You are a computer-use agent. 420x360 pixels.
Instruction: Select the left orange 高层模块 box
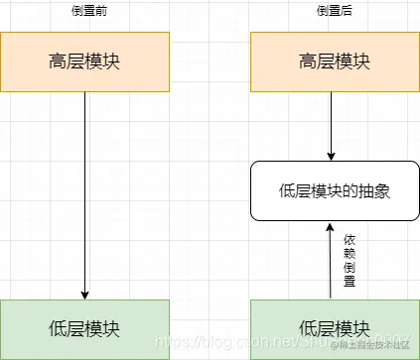pyautogui.click(x=84, y=61)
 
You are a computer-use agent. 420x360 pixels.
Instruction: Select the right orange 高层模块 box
pyautogui.click(x=334, y=61)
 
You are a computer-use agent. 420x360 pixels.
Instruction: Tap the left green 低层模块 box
pyautogui.click(x=84, y=328)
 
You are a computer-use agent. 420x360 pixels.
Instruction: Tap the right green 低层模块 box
pyautogui.click(x=334, y=328)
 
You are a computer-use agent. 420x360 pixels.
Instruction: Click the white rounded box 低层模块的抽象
pyautogui.click(x=334, y=189)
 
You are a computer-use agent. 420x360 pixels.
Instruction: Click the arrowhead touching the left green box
pyautogui.click(x=84, y=294)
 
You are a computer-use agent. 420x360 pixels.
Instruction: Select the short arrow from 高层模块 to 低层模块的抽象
pyautogui.click(x=331, y=124)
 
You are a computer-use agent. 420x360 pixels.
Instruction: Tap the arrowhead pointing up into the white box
pyautogui.click(x=331, y=227)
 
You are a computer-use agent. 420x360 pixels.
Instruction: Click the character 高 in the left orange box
pyautogui.click(x=58, y=61)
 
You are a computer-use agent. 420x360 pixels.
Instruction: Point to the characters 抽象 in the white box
pyautogui.click(x=372, y=189)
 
